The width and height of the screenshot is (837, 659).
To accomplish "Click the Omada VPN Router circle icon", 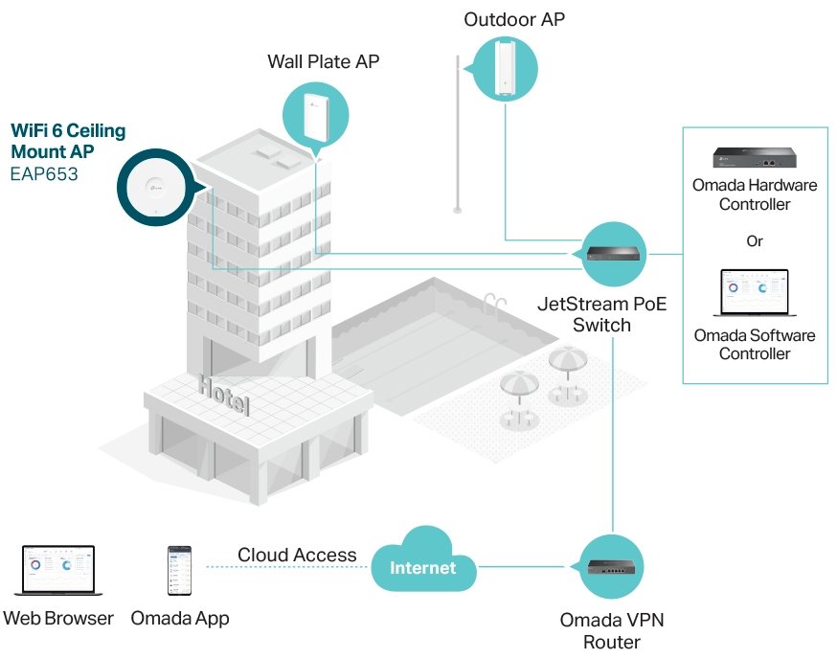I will pyautogui.click(x=612, y=567).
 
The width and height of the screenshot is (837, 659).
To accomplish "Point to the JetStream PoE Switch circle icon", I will pyautogui.click(x=612, y=253).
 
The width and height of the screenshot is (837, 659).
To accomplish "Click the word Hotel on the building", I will pyautogui.click(x=223, y=396).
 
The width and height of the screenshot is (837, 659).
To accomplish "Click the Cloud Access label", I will pyautogui.click(x=297, y=555).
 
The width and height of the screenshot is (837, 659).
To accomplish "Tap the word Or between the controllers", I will pyautogui.click(x=755, y=240).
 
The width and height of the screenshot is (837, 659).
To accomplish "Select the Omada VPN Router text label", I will pyautogui.click(x=612, y=630).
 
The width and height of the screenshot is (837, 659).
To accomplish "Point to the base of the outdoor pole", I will pyautogui.click(x=458, y=209).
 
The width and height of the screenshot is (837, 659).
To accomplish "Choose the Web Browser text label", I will pyautogui.click(x=58, y=618).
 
